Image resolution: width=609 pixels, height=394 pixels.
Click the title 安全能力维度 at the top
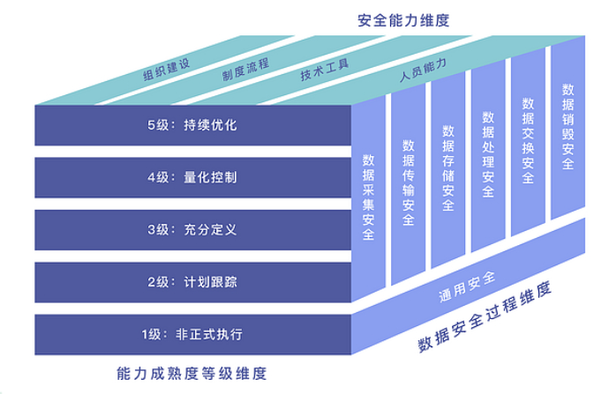point(403,19)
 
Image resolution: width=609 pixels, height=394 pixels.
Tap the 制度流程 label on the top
point(246,67)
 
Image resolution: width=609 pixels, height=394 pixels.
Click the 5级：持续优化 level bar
point(193,125)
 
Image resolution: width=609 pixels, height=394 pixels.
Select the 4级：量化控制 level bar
point(193,177)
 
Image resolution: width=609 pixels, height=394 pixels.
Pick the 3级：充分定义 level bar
point(193,229)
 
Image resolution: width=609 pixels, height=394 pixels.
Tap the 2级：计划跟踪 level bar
point(193,282)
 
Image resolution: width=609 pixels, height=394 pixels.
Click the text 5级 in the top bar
point(159,125)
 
